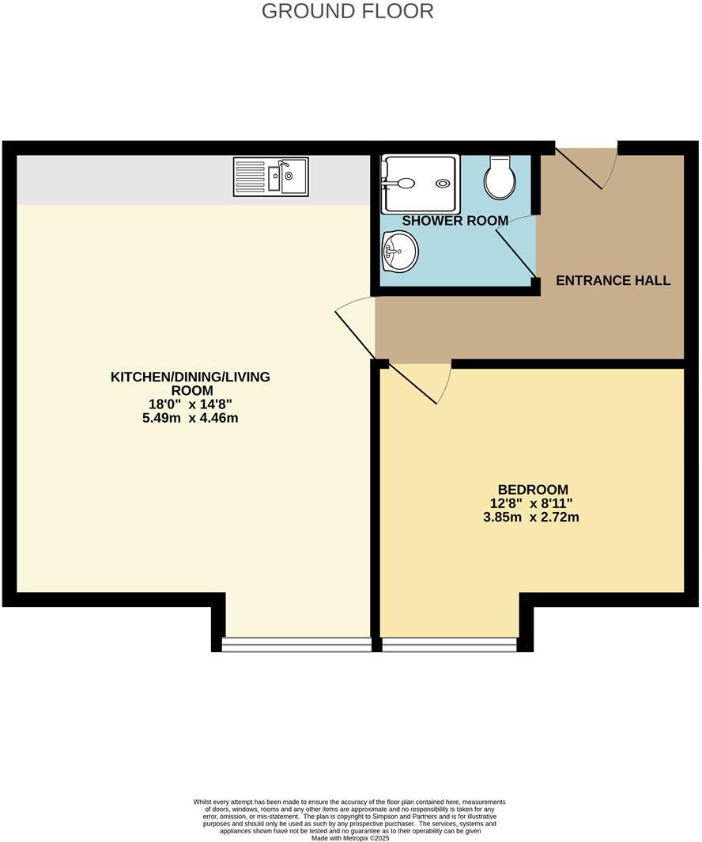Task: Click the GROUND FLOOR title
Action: pyautogui.click(x=347, y=12)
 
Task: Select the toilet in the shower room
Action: pyautogui.click(x=500, y=177)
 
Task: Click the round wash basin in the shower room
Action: pyautogui.click(x=400, y=253)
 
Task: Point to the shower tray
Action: pyautogui.click(x=420, y=184)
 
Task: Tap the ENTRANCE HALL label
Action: pyautogui.click(x=613, y=280)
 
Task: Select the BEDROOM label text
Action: pyautogui.click(x=533, y=490)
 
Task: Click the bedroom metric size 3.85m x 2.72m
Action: pyautogui.click(x=531, y=518)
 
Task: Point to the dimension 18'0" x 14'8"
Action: pyautogui.click(x=190, y=404)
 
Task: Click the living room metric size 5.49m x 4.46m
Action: pyautogui.click(x=190, y=417)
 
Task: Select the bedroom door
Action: pyautogui.click(x=417, y=383)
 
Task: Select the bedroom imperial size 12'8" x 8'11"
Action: pyautogui.click(x=531, y=503)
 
